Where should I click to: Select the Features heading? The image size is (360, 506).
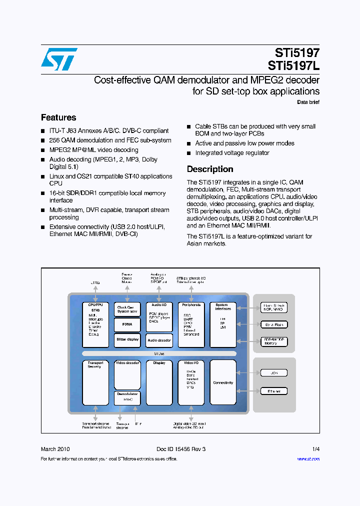point(58,117)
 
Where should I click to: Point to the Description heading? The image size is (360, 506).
point(210,169)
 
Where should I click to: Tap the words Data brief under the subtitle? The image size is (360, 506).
point(308,102)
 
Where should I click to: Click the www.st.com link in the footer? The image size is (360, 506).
point(308,459)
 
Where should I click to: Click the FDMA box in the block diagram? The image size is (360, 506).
point(127,324)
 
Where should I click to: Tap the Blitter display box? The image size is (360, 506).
point(127,339)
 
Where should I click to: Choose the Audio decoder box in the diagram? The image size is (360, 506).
point(159,340)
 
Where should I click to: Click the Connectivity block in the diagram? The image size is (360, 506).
point(223,382)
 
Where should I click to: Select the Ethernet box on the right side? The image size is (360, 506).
point(274,391)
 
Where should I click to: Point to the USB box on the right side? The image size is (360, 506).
point(274,373)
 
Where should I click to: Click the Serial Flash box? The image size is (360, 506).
point(274,324)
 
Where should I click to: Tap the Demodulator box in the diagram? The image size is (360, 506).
point(127,397)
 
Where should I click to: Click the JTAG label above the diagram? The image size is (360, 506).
point(95,283)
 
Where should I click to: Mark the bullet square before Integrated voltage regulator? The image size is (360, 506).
point(189,153)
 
